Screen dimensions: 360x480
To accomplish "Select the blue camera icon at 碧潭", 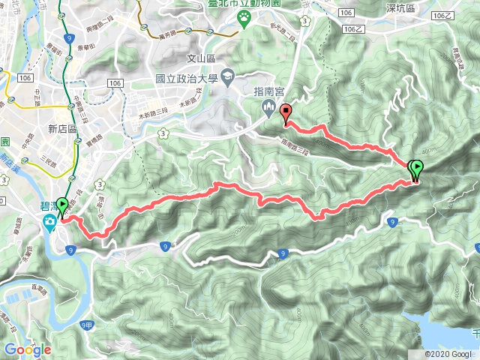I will [49, 221].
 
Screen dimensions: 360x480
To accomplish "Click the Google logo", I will [27, 349].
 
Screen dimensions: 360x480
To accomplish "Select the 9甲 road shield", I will [85, 324].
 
